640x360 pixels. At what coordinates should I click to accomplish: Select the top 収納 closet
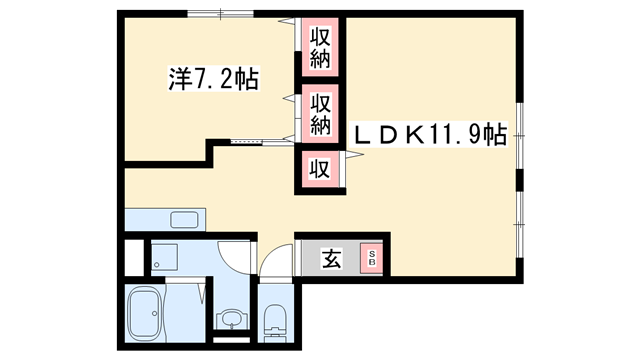(320, 46)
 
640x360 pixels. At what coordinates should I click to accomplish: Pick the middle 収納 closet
(320, 112)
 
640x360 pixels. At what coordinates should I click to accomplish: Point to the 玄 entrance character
(329, 258)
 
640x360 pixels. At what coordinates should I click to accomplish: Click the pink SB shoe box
(372, 257)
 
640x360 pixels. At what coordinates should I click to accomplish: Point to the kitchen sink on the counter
(184, 220)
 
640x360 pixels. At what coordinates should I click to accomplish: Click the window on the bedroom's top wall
(219, 13)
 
